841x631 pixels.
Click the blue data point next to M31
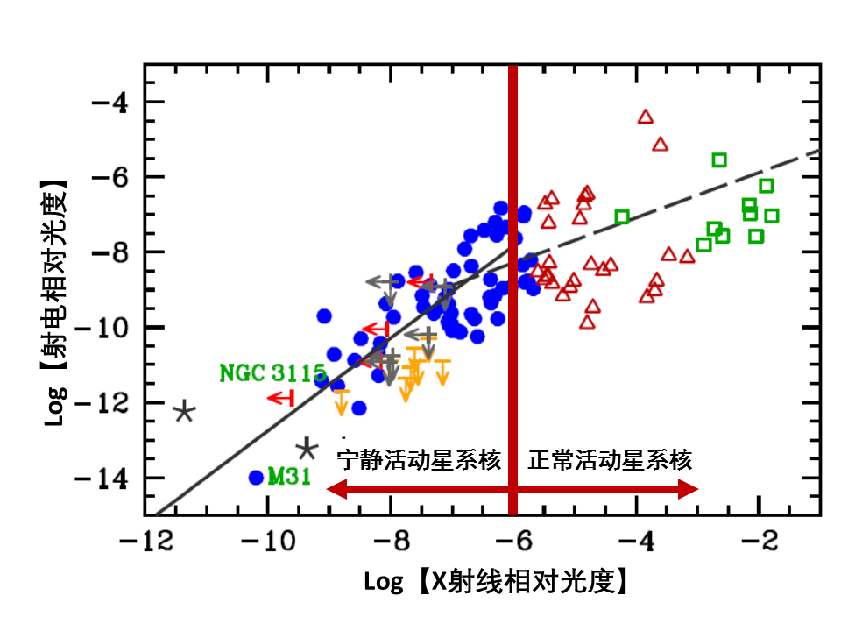click(x=256, y=478)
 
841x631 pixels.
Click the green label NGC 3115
click(x=272, y=373)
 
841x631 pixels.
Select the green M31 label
click(x=289, y=478)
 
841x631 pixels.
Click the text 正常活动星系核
click(x=610, y=460)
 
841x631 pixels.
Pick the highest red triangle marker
click(x=646, y=117)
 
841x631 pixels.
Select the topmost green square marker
click(x=719, y=160)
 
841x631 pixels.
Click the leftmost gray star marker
click(x=184, y=412)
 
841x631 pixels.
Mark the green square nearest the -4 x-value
click(x=622, y=216)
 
